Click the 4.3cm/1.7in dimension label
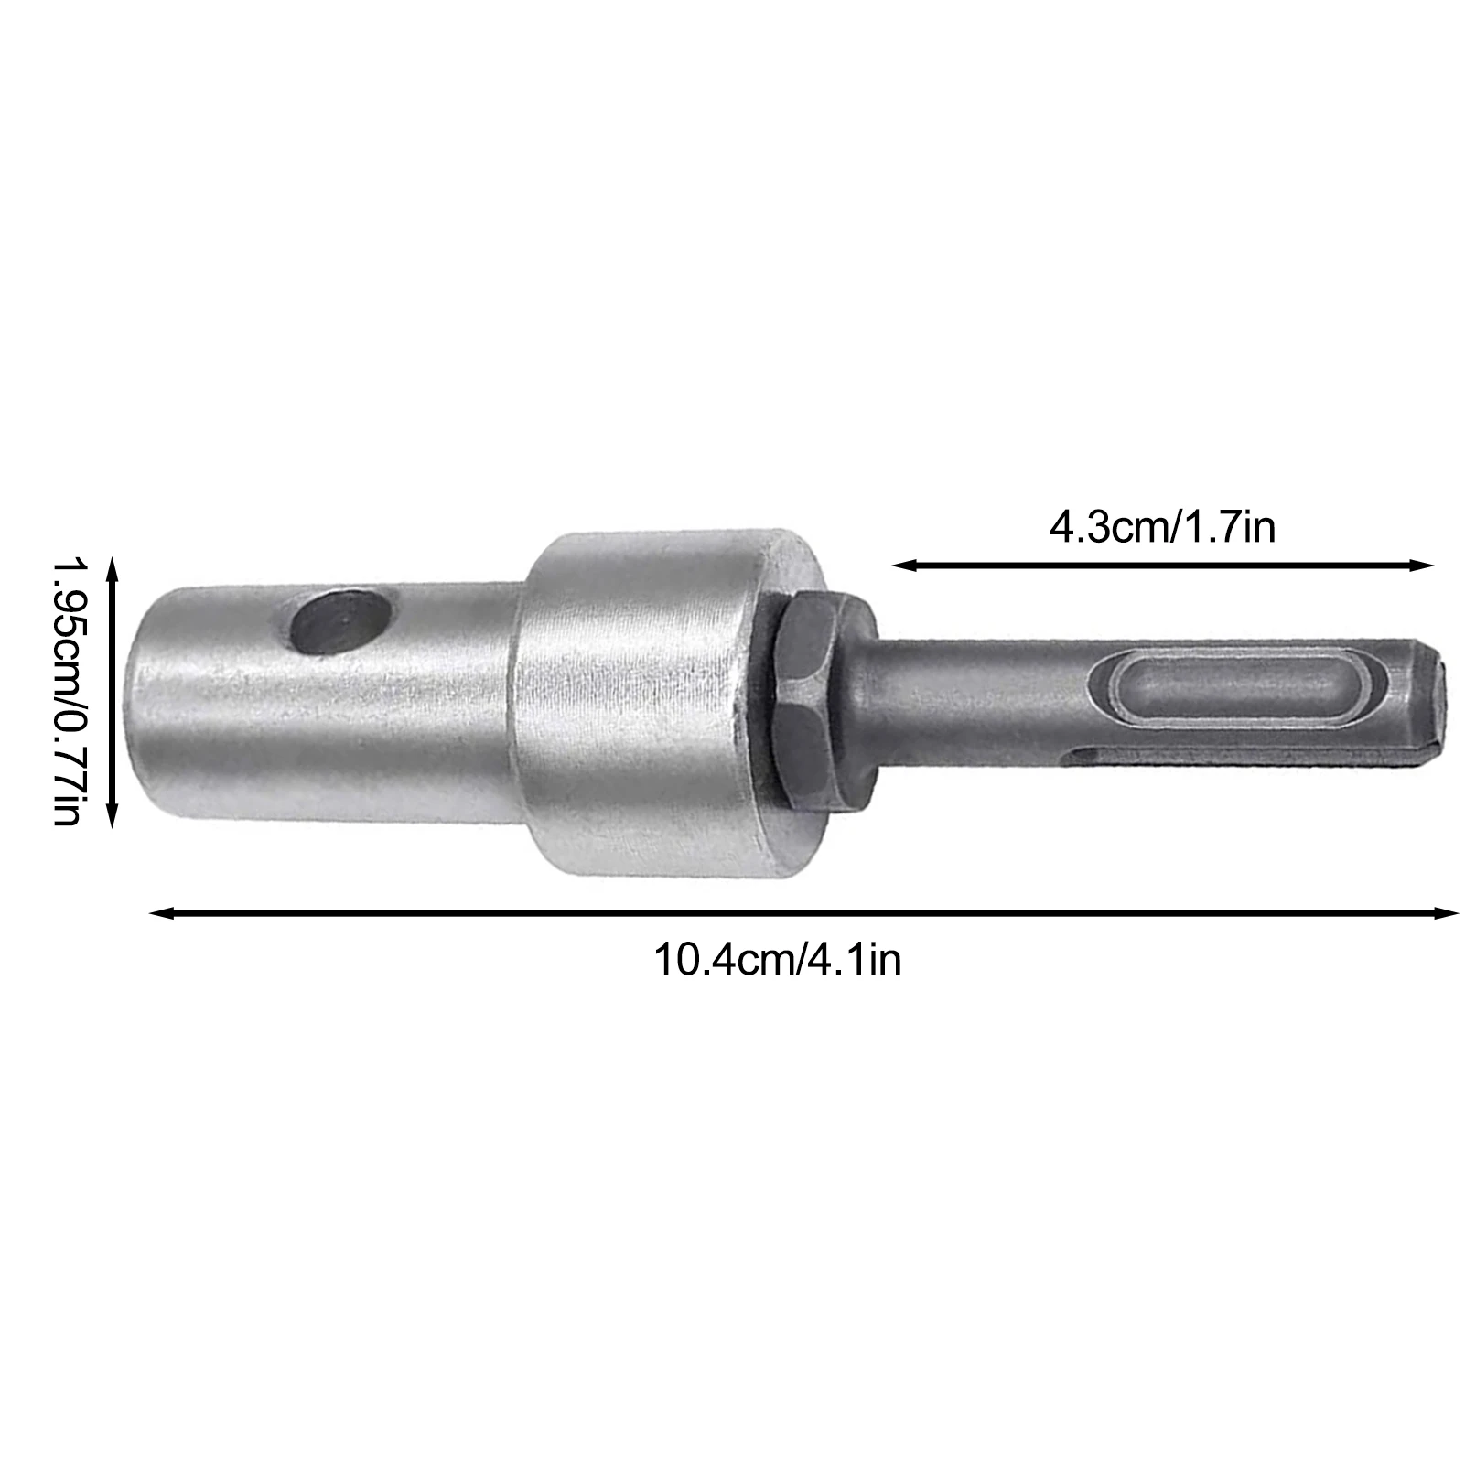[x=1161, y=528]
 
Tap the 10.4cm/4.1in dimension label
[x=777, y=960]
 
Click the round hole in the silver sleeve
[x=338, y=621]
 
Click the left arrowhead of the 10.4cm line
[x=161, y=911]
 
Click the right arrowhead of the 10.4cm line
[x=1446, y=911]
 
